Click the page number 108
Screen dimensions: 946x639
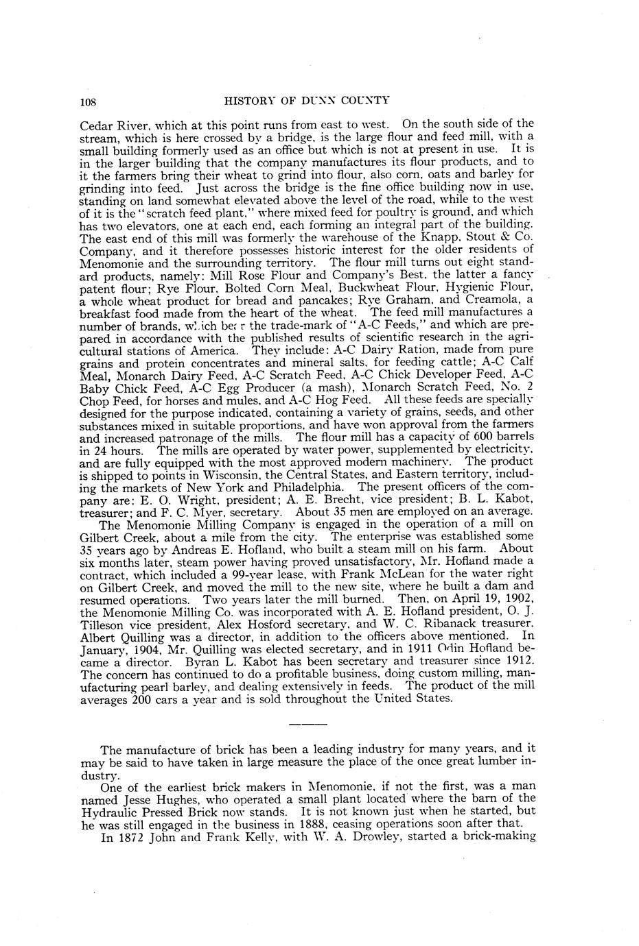pyautogui.click(x=89, y=101)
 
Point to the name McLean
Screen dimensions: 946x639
pyautogui.click(x=402, y=574)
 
